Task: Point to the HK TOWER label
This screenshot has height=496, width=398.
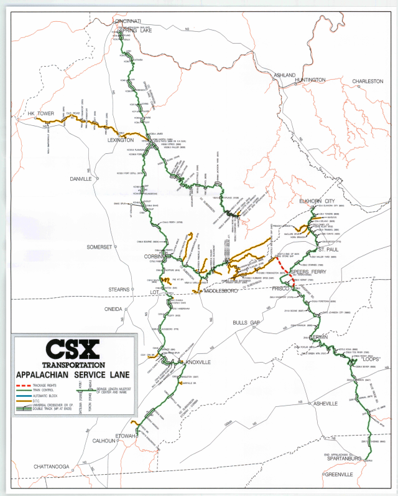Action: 40,114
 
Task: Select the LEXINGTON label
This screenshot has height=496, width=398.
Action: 121,140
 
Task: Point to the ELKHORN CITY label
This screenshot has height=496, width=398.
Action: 317,202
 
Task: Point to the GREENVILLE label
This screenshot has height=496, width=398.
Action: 337,474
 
